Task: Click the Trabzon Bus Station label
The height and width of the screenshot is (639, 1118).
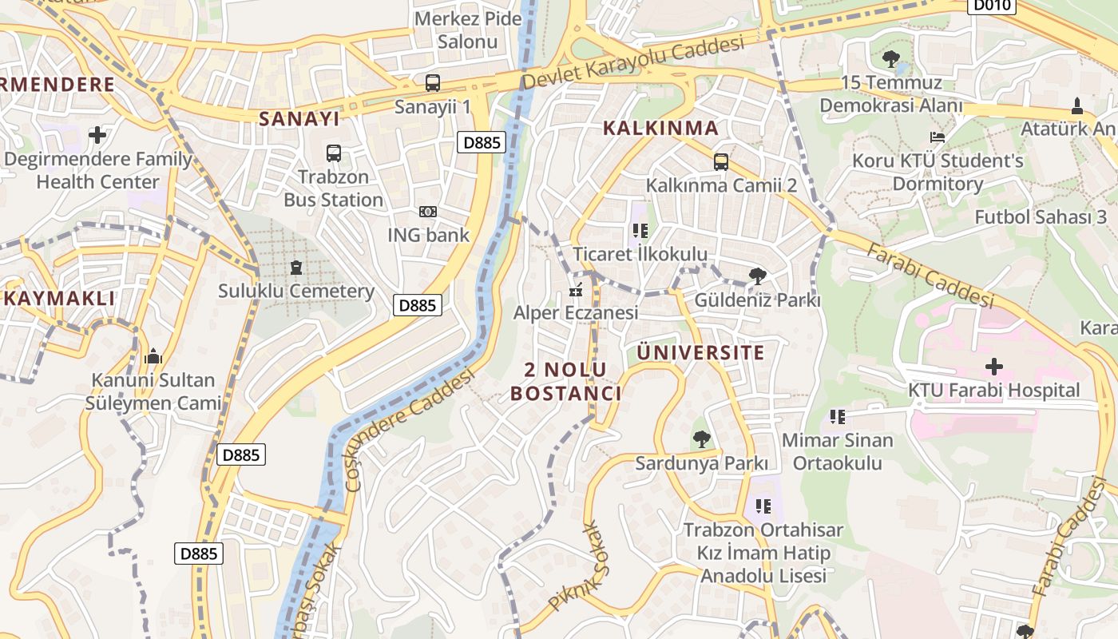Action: tap(334, 189)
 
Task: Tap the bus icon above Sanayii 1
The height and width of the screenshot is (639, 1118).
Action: tap(432, 82)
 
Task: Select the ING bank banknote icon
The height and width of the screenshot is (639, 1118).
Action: tap(428, 212)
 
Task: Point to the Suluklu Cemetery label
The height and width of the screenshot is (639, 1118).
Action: tap(296, 291)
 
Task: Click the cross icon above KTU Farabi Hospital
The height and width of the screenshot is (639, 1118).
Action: tap(994, 367)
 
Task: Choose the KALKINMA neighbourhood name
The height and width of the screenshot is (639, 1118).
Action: tap(660, 128)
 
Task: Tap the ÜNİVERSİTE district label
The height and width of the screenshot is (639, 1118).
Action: tap(700, 352)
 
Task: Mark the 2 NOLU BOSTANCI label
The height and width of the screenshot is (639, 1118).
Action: tap(565, 381)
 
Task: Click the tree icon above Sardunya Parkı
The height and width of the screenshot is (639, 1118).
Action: tap(701, 439)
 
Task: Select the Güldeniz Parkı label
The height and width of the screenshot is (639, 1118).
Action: tap(757, 301)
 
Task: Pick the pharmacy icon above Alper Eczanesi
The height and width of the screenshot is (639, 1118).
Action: tap(575, 291)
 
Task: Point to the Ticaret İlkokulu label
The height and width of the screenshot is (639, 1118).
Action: tap(640, 254)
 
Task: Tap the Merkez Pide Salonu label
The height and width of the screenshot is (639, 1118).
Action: tap(468, 30)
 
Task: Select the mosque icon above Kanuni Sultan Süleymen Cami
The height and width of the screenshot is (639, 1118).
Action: tap(153, 356)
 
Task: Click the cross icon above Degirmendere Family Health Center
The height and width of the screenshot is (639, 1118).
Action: tap(97, 135)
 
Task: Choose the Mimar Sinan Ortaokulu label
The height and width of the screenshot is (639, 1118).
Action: tap(837, 451)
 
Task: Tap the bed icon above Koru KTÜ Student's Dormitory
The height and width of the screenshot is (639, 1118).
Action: tap(938, 137)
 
